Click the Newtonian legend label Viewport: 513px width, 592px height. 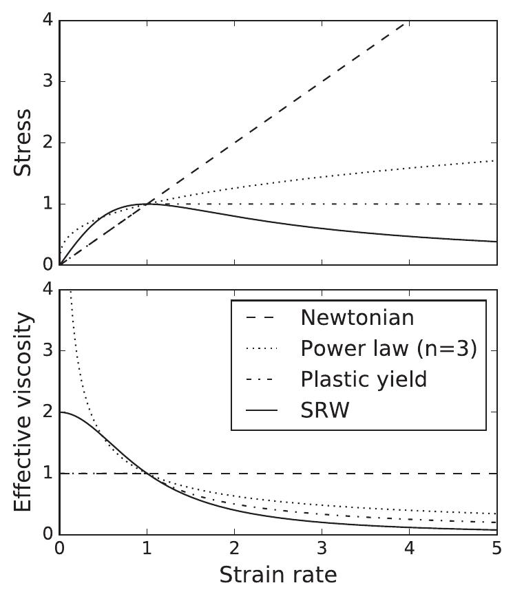[357, 317]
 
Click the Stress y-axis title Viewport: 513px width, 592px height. [23, 142]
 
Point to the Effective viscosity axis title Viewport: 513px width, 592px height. [23, 412]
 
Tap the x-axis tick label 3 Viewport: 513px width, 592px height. [322, 549]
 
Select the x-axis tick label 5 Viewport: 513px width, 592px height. [496, 549]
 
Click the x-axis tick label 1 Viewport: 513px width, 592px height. [147, 549]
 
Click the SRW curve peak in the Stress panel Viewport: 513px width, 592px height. [147, 204]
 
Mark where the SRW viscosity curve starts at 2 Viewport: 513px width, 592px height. [61, 412]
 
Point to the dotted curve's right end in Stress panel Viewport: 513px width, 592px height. [495, 160]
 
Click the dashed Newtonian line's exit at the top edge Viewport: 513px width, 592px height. [408, 21]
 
